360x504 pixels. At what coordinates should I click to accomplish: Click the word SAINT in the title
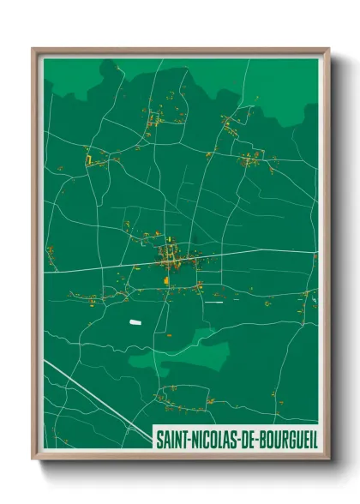pyautogui.click(x=171, y=439)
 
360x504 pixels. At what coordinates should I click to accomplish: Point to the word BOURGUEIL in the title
pyautogui.click(x=290, y=439)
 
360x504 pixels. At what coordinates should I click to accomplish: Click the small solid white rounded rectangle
pyautogui.click(x=134, y=321)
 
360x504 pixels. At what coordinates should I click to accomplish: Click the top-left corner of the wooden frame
pyautogui.click(x=34, y=50)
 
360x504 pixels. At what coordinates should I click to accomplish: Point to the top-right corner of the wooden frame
pyautogui.click(x=327, y=50)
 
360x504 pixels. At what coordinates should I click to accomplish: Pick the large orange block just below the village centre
pyautogui.click(x=166, y=279)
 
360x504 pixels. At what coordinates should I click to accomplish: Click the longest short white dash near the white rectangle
pyautogui.click(x=214, y=302)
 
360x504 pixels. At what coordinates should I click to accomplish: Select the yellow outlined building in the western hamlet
pyautogui.click(x=87, y=159)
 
